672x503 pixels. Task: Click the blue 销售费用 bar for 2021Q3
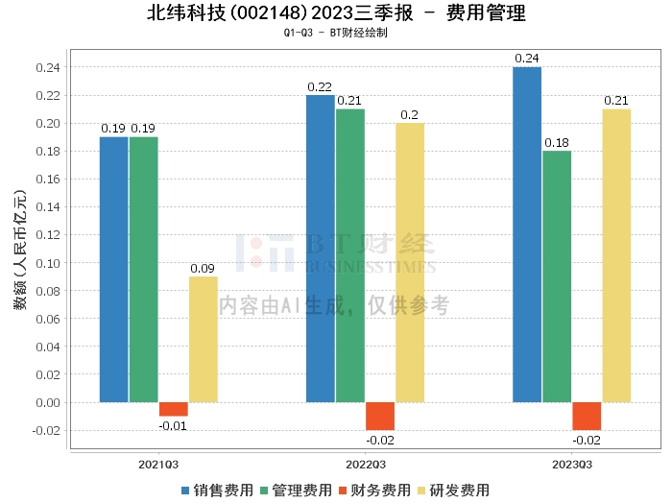click(x=113, y=269)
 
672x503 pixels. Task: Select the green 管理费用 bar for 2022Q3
click(x=350, y=254)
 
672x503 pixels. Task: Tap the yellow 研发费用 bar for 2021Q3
click(x=203, y=339)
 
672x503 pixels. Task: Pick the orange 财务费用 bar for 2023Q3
click(x=587, y=416)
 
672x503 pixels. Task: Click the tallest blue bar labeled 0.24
click(x=527, y=234)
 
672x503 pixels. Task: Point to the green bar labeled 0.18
click(x=557, y=275)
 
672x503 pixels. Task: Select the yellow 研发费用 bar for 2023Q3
click(x=616, y=254)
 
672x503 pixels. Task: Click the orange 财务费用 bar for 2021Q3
click(x=173, y=409)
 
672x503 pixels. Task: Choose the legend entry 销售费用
click(x=216, y=490)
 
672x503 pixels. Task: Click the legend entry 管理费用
click(x=295, y=490)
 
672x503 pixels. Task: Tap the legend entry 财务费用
click(x=372, y=490)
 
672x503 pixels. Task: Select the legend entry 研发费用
click(x=451, y=490)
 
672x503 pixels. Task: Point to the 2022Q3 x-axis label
click(x=366, y=464)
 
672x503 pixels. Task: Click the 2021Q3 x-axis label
click(x=158, y=464)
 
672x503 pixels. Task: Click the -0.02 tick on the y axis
click(x=45, y=430)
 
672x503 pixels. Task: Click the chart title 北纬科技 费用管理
click(x=336, y=13)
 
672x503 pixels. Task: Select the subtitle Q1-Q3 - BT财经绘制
click(x=336, y=33)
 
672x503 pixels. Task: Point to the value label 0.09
click(x=204, y=268)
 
